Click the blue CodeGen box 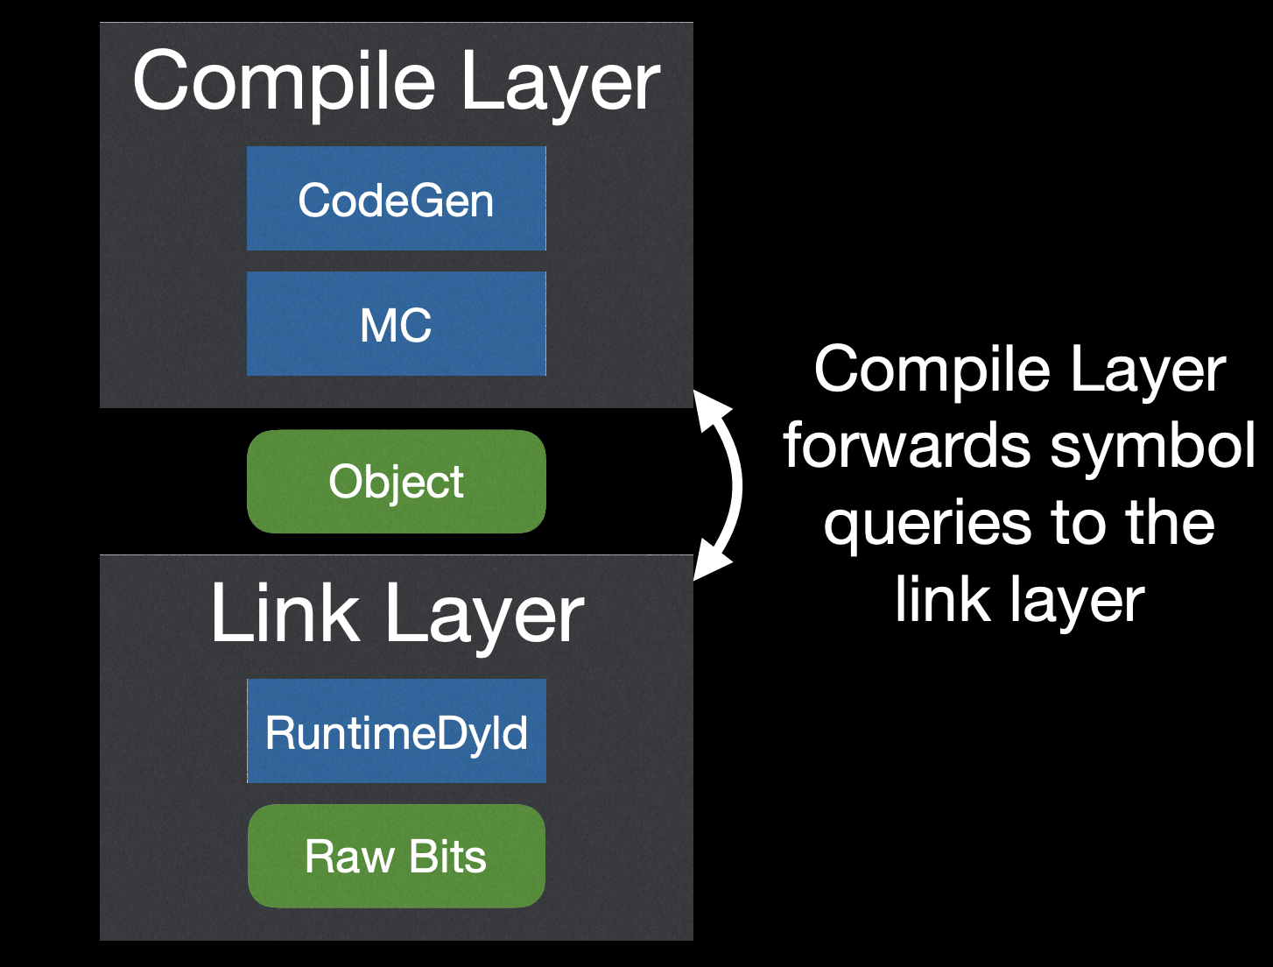(396, 199)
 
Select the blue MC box (396, 324)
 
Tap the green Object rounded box (396, 482)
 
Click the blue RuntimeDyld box (396, 731)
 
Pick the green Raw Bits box (396, 856)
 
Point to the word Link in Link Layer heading (285, 613)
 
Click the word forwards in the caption (907, 445)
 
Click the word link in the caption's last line (940, 600)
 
